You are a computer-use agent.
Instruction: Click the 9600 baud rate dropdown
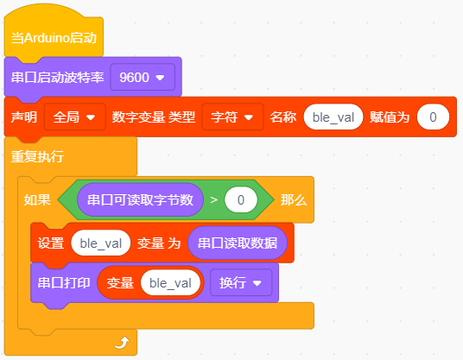click(x=143, y=78)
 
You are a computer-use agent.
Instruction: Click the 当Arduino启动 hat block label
click(x=54, y=38)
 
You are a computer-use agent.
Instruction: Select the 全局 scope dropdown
click(x=75, y=117)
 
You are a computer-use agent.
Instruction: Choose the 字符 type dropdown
click(x=232, y=117)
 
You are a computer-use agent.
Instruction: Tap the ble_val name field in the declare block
click(x=333, y=117)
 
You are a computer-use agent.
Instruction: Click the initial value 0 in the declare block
click(x=433, y=117)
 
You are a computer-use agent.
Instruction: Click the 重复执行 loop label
click(x=37, y=156)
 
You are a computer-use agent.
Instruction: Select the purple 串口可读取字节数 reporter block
click(x=140, y=199)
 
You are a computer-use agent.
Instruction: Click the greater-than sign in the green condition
click(x=213, y=200)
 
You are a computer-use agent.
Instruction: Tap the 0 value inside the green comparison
click(x=241, y=199)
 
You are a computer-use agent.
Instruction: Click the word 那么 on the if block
click(x=294, y=199)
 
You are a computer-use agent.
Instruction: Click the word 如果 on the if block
click(x=37, y=199)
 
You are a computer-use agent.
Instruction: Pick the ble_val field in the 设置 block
click(x=101, y=243)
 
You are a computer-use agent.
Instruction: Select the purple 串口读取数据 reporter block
click(x=238, y=243)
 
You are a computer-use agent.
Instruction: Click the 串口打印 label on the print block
click(x=64, y=282)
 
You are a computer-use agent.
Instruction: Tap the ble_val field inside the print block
click(x=170, y=282)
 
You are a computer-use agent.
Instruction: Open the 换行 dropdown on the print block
click(x=241, y=282)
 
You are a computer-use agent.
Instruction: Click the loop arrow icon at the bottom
click(x=122, y=343)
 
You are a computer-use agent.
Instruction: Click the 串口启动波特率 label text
click(x=57, y=78)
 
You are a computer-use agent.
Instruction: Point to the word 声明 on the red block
click(x=24, y=117)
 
